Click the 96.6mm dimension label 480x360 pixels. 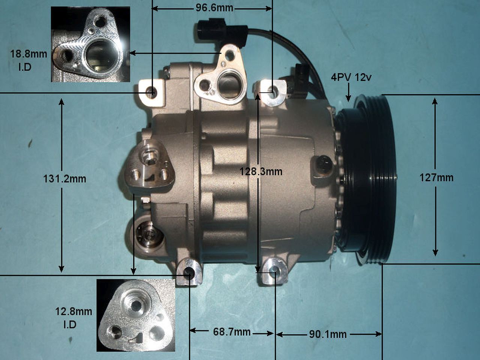[x=214, y=8]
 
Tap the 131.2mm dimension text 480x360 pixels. [x=64, y=179]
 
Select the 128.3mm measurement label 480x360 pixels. [x=261, y=172]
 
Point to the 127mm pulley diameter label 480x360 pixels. [x=436, y=178]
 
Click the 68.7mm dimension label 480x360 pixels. [x=232, y=332]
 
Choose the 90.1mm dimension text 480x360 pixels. [x=328, y=334]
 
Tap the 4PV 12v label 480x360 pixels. [x=351, y=77]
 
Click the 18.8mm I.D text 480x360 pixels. [x=28, y=60]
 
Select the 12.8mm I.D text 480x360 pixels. [x=73, y=318]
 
